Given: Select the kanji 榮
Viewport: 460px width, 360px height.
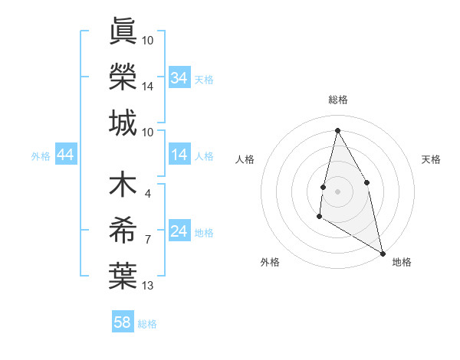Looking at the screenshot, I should coord(123,77).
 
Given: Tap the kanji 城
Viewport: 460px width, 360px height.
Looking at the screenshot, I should coord(123,123).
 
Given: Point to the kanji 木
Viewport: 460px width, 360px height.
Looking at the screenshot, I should coord(123,186).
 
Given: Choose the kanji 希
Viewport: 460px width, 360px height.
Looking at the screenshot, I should coord(123,231).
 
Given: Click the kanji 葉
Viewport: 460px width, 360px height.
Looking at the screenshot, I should coord(123,276).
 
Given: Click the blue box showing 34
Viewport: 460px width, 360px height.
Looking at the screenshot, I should coord(179,78).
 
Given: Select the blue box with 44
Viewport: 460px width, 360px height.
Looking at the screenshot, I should coord(65,155).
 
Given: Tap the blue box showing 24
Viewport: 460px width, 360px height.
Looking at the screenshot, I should coord(179,232).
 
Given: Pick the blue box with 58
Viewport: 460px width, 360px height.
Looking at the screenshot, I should coord(122,322).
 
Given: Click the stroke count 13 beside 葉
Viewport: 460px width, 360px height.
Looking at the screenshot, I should coord(148,286).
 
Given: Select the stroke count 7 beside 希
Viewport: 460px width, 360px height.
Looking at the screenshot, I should coord(147,240).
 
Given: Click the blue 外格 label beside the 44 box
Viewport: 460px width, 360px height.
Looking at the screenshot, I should coord(41,156).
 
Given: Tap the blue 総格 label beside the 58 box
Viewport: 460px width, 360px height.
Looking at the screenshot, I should coord(147,324).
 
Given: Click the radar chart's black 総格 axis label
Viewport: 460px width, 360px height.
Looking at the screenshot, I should coord(337,100).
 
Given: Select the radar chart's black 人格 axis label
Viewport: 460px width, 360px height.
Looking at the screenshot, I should coord(245,159).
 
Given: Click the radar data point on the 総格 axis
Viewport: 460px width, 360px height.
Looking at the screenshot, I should coord(337,130).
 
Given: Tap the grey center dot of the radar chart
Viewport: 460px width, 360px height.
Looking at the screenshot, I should coord(337,191).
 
